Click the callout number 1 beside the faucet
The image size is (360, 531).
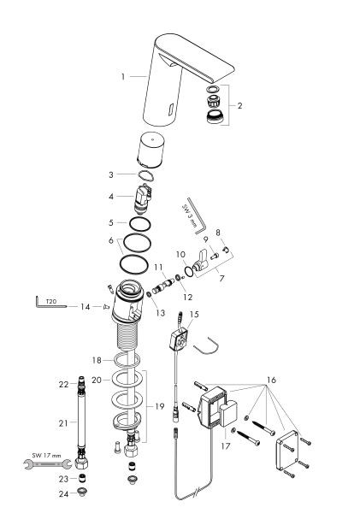coord(123,76)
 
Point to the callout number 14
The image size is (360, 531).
coord(86,305)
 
